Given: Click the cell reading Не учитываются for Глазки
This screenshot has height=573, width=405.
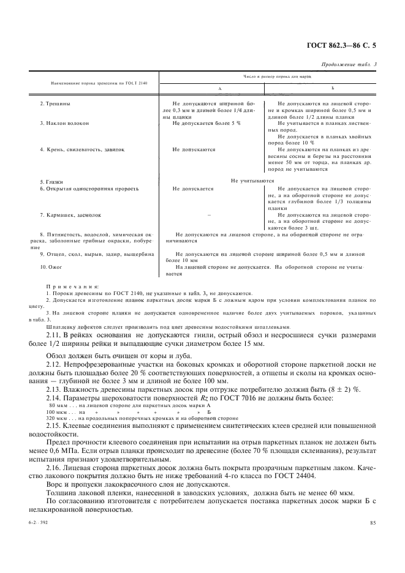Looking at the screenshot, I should coord(252,181).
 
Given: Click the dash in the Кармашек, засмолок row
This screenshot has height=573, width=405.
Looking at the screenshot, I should coord(209,215).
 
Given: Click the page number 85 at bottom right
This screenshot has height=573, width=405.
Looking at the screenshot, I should coord(372,522).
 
